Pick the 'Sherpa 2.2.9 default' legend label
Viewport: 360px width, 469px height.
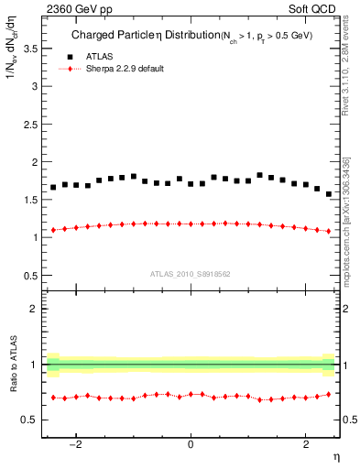pos(125,69)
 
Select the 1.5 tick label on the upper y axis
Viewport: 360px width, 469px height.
pos(30,199)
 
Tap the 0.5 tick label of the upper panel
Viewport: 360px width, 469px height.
pos(30,275)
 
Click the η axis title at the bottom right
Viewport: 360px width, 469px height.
pos(337,456)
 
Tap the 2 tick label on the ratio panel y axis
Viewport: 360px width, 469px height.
pos(34,309)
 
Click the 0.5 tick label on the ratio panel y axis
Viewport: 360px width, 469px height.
pos(30,420)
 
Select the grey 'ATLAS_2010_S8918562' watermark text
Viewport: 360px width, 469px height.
pos(190,273)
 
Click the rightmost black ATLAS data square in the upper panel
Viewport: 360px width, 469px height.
pos(329,194)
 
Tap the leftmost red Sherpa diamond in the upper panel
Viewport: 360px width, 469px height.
pos(53,230)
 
